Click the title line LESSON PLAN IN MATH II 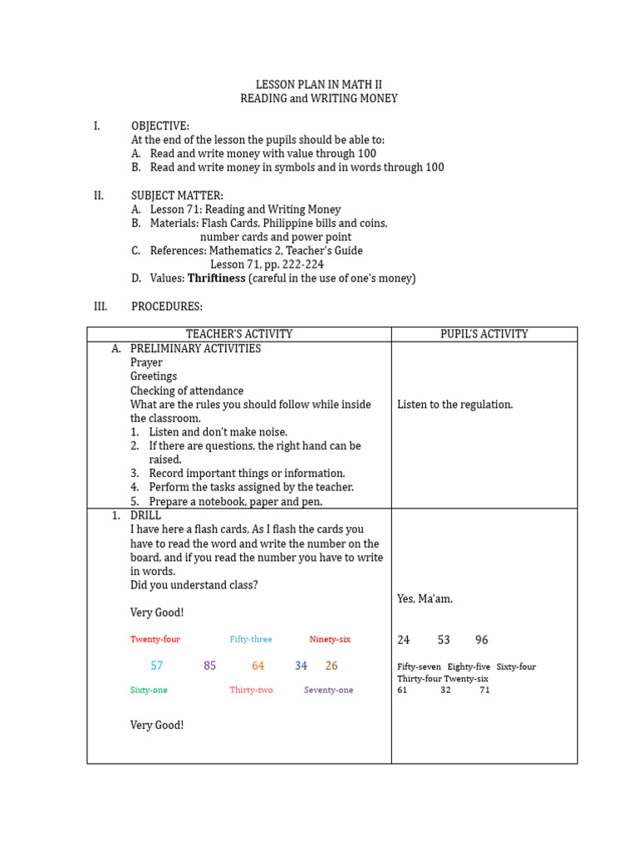point(319,84)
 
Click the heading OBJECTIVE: point(160,125)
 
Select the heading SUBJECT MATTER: point(177,195)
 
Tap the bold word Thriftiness point(216,278)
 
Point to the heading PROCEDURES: point(167,307)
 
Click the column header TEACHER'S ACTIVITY point(239,334)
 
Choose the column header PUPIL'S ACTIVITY point(484,334)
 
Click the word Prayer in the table point(146,362)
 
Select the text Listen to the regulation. point(455,405)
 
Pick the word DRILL point(146,515)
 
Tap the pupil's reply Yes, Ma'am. point(425,598)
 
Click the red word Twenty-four point(155,639)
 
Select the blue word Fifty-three point(251,639)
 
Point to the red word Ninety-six point(330,639)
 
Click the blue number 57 point(157,666)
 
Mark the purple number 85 point(210,666)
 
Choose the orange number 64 point(258,666)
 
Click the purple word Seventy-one point(328,690)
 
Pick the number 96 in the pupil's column point(482,640)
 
